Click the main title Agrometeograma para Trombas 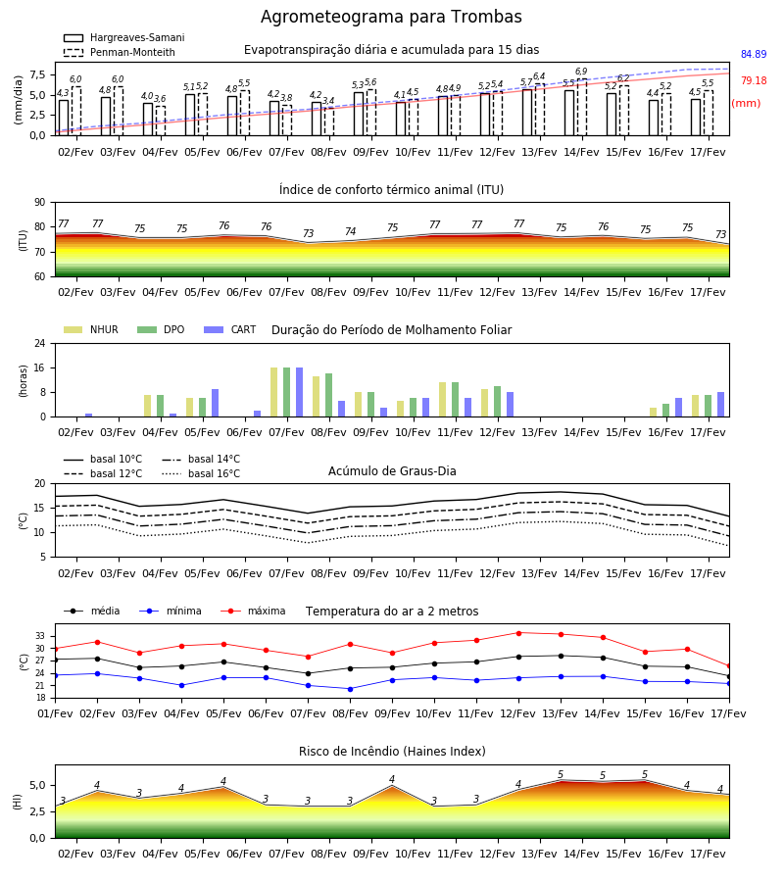click(391, 17)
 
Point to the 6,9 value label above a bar click(581, 72)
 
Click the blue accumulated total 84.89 click(754, 54)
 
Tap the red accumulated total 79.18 click(754, 80)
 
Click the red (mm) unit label click(746, 104)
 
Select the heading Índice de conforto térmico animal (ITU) click(391, 189)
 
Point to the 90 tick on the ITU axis click(39, 203)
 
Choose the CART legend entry click(230, 329)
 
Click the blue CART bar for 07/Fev click(299, 392)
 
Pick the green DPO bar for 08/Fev click(328, 395)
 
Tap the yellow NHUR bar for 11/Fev click(443, 400)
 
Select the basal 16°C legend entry click(201, 473)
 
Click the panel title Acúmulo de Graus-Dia click(392, 470)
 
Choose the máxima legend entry click(253, 611)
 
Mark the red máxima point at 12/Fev click(518, 633)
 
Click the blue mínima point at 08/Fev click(351, 689)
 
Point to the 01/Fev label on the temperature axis click(55, 713)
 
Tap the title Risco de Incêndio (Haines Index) click(392, 751)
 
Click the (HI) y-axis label click(18, 802)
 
